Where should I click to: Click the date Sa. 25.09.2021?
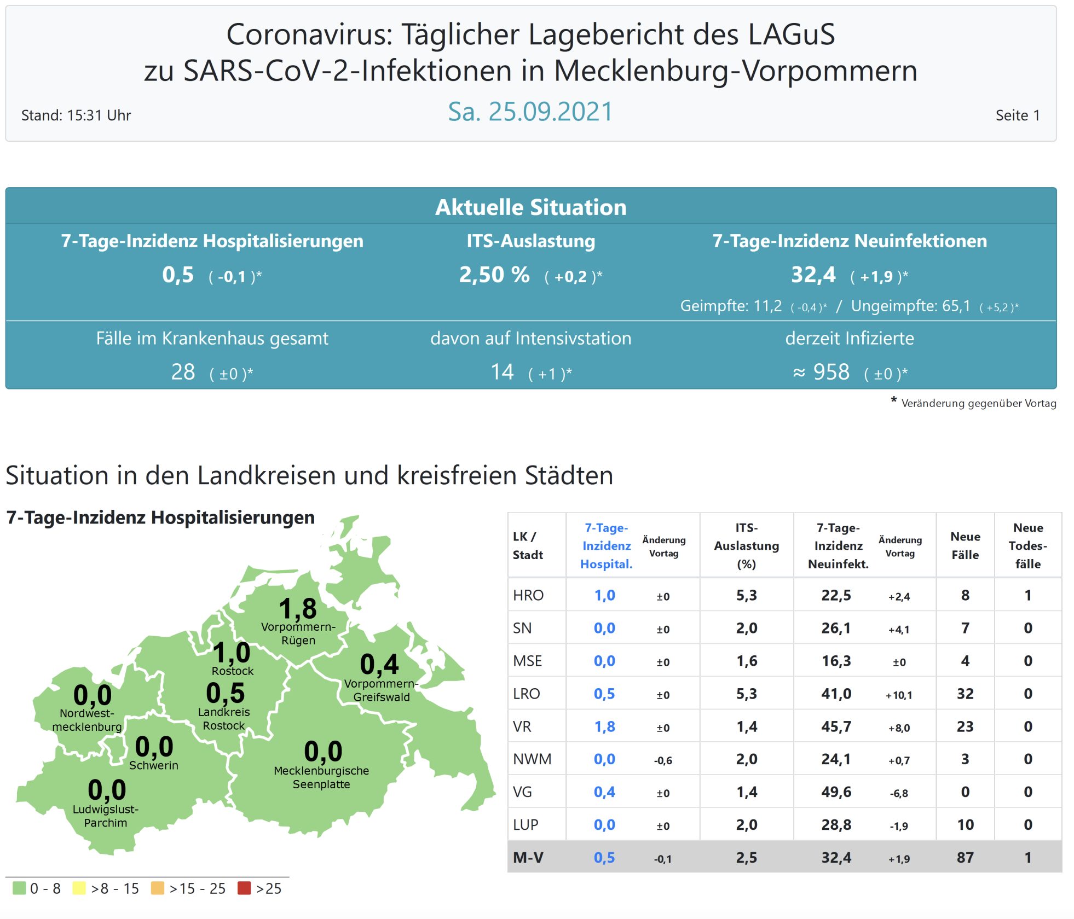530,112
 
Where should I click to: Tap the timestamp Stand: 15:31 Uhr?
76,115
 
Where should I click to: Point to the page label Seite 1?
1017,115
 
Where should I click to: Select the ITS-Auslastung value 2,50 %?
494,275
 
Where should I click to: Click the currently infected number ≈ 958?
821,372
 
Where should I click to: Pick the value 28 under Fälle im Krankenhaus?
183,372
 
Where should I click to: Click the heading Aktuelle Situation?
530,207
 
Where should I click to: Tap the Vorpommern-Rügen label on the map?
298,633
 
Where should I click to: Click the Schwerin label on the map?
154,765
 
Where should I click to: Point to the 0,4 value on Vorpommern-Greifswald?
379,664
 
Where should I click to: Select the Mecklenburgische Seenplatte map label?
321,777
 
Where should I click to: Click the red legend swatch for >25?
244,888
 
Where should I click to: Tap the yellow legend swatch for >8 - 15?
79,888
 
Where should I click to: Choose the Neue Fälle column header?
965,545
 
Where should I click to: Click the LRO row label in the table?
526,694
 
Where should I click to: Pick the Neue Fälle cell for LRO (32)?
965,694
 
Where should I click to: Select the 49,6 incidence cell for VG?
836,792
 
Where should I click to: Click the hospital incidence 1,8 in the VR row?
604,726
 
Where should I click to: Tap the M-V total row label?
528,858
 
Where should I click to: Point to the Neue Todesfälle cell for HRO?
1027,595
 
